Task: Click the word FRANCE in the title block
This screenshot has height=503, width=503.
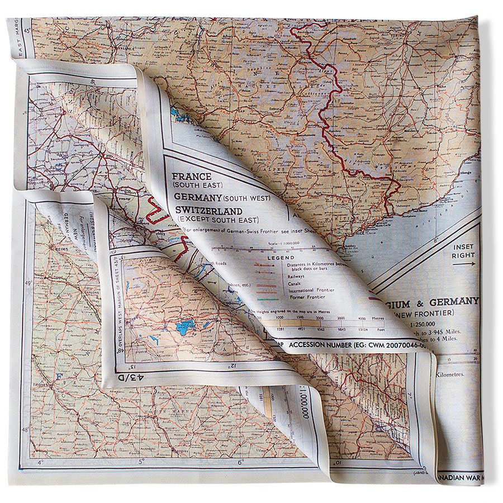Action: coord(192,175)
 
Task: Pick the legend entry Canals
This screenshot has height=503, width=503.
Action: coord(296,282)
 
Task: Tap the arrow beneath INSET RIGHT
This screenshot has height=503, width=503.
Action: coord(464,264)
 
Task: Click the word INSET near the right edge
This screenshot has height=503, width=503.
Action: coord(463,246)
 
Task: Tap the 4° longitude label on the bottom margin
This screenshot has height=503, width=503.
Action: coord(40,462)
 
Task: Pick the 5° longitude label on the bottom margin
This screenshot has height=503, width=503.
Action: coord(141,462)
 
